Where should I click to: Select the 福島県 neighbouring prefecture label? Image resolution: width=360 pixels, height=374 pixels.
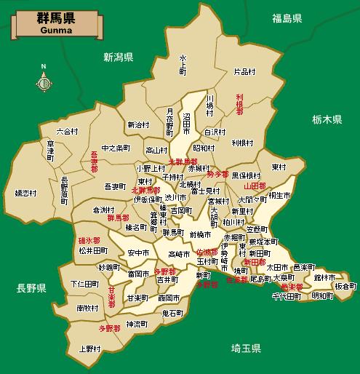tap(287, 17)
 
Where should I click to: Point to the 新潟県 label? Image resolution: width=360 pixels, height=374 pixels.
tap(118, 56)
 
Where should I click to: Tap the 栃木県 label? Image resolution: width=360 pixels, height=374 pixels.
tap(327, 118)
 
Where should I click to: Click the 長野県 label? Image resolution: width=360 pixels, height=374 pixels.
tap(31, 289)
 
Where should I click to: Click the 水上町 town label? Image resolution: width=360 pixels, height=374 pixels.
tap(183, 63)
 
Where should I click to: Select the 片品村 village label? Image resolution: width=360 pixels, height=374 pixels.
tap(244, 71)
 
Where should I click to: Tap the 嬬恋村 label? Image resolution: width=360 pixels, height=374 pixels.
tap(25, 193)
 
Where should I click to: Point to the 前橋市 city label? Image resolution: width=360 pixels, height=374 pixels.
tap(199, 234)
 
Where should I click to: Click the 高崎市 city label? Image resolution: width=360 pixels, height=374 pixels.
tap(178, 254)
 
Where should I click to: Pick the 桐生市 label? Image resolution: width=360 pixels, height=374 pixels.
tap(280, 196)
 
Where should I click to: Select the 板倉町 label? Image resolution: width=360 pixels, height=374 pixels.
tap(342, 286)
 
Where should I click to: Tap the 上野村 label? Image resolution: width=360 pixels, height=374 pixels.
tap(90, 348)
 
